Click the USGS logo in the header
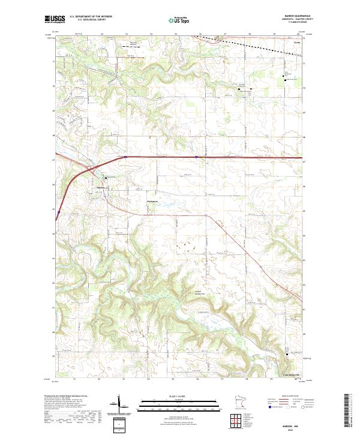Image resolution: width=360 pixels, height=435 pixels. (53, 20)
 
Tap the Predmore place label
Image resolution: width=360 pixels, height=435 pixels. (154, 202)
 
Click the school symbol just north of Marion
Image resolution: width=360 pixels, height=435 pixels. (106, 178)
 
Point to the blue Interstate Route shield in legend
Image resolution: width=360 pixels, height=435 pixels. (271, 407)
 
